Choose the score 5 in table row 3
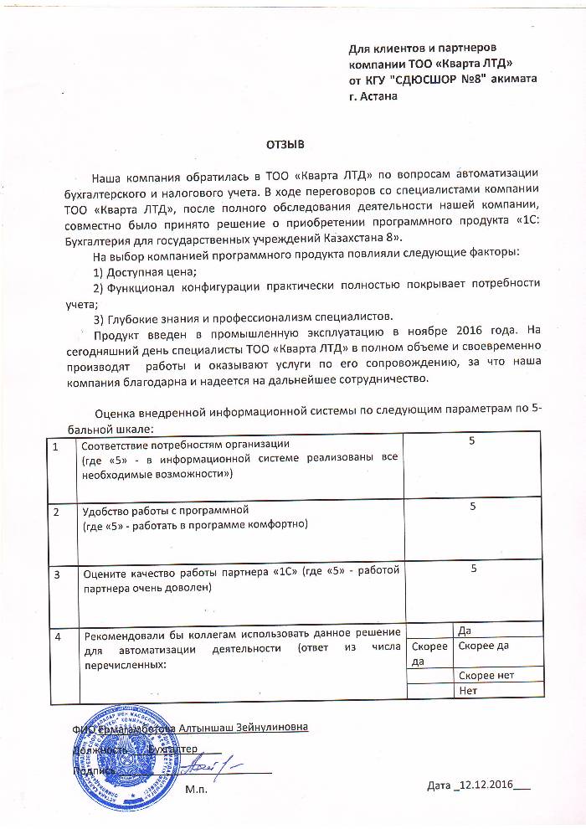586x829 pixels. [x=473, y=569]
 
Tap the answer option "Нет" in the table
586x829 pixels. [x=468, y=691]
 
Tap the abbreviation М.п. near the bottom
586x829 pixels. [x=197, y=788]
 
